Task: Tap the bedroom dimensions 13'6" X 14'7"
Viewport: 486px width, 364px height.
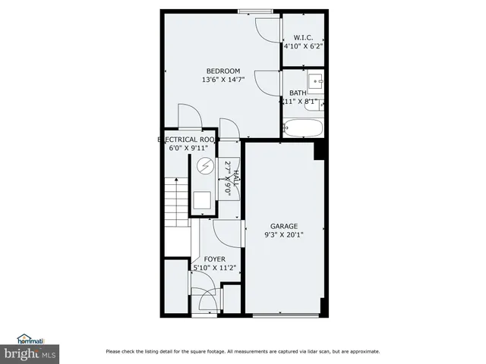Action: coord(223,80)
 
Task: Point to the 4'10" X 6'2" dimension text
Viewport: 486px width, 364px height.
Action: coord(304,46)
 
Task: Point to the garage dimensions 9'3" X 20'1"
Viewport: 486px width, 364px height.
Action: coord(284,234)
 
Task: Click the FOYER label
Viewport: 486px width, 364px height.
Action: coord(214,259)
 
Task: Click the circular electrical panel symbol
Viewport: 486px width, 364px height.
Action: coord(202,168)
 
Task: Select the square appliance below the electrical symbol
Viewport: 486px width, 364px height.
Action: coord(203,199)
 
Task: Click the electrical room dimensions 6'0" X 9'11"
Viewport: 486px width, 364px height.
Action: coord(189,149)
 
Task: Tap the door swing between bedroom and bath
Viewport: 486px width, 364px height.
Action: coord(268,82)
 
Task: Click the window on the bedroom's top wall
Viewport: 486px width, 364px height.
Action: coord(255,11)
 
